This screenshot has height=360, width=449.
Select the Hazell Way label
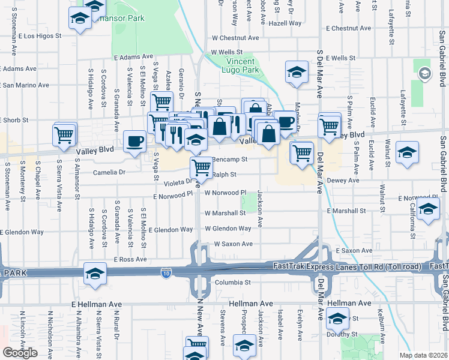click(x=285, y=23)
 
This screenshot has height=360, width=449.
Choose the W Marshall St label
click(x=225, y=213)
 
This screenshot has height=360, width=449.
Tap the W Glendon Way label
click(x=228, y=229)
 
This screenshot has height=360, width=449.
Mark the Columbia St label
click(x=232, y=282)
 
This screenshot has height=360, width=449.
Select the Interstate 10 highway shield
click(x=165, y=274)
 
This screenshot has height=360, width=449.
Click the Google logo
click(x=20, y=353)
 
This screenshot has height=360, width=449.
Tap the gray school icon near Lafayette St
click(x=424, y=73)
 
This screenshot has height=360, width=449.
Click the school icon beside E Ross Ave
click(x=95, y=273)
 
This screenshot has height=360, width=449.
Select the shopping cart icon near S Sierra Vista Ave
click(x=64, y=135)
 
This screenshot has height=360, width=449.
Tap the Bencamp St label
click(x=231, y=160)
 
